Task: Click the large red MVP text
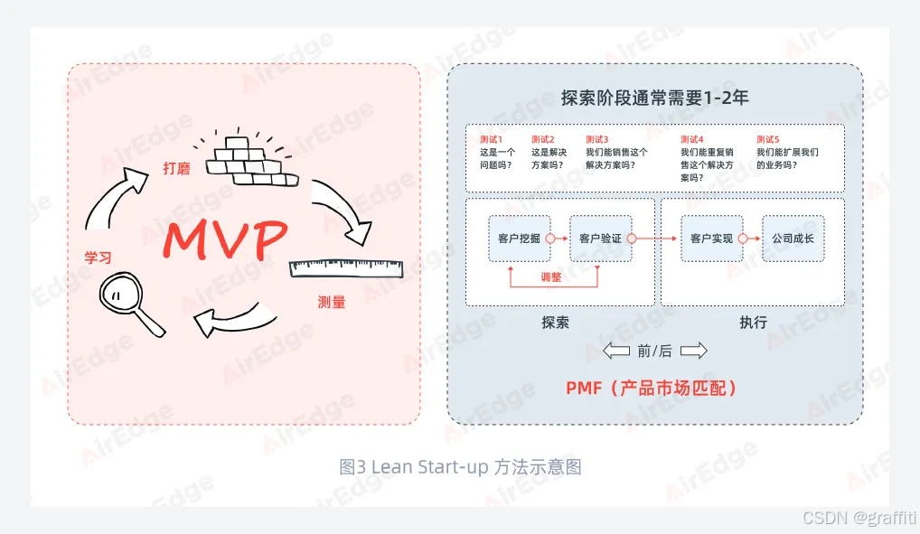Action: (226, 238)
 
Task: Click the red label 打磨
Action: (176, 168)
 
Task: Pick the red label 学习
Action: (98, 258)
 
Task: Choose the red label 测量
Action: (332, 302)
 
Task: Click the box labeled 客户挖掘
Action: (519, 239)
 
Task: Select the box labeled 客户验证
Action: (600, 239)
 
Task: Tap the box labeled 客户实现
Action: (711, 239)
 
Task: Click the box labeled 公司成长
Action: (793, 239)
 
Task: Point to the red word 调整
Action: (550, 277)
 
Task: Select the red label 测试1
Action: (491, 139)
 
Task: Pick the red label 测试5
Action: (767, 139)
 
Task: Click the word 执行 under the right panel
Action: (753, 322)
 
